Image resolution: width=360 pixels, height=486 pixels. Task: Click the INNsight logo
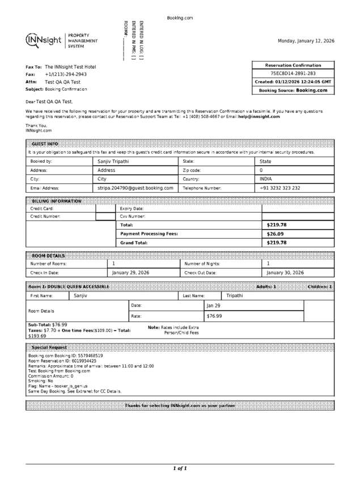(44, 40)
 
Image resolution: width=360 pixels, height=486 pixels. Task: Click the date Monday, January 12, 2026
(306, 41)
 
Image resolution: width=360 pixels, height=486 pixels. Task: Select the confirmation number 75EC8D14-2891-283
(293, 74)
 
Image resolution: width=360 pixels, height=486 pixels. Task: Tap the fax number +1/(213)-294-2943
(66, 74)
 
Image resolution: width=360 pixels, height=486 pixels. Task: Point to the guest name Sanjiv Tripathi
(113, 162)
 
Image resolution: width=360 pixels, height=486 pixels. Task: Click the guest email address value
(135, 188)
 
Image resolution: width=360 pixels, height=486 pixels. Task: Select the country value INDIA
(266, 179)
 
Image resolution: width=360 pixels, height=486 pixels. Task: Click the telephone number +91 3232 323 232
(279, 188)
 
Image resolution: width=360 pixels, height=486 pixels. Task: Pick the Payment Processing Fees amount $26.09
(276, 234)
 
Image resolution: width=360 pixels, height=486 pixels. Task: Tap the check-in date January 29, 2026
(130, 273)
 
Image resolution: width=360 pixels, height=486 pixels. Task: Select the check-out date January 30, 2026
(285, 273)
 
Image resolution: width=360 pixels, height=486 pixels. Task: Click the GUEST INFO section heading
(45, 144)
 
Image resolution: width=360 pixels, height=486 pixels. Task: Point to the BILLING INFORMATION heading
(57, 201)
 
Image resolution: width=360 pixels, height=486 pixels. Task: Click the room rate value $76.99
(214, 316)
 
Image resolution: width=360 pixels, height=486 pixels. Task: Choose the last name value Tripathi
(235, 295)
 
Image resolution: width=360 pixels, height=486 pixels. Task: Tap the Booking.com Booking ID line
(66, 356)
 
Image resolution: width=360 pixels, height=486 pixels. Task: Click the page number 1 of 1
(180, 468)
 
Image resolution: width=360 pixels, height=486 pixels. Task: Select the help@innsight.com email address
(259, 117)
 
